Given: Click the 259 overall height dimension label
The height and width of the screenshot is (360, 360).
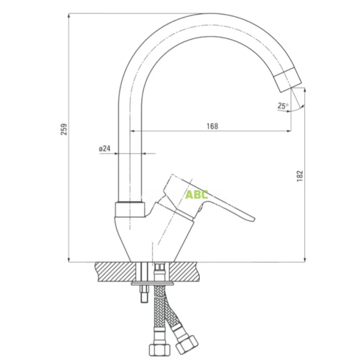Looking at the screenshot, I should (65, 130).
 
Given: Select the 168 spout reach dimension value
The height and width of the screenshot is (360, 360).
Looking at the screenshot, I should (212, 126).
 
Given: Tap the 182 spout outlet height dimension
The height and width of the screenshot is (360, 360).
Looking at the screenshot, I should (300, 174).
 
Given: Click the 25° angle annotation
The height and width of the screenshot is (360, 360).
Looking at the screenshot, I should (283, 106).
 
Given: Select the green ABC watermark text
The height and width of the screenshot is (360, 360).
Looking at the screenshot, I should (197, 194).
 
